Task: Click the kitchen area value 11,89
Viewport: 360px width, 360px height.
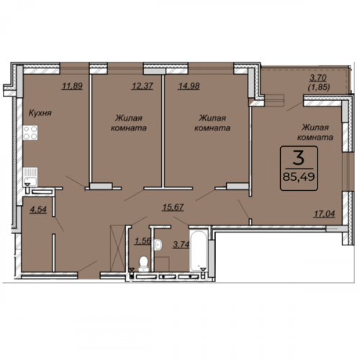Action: [72, 86]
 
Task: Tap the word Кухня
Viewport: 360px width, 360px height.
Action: [40, 113]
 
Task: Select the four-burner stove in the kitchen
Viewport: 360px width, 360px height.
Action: [30, 132]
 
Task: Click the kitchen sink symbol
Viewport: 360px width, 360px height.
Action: [30, 176]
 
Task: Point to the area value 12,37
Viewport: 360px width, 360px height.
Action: [142, 86]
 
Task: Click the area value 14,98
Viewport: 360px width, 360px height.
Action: [189, 86]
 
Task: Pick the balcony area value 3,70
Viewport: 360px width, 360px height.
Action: [318, 78]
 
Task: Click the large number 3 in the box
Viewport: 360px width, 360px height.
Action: [299, 158]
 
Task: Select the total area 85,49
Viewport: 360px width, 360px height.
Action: [299, 177]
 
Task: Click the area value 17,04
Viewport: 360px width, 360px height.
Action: [324, 214]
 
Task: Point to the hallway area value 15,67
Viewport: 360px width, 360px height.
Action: [173, 207]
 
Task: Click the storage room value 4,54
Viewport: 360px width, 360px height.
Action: [38, 210]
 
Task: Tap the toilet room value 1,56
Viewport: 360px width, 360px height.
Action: [143, 240]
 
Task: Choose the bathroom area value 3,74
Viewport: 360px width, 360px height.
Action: [181, 245]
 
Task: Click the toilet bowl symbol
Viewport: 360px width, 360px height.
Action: [143, 264]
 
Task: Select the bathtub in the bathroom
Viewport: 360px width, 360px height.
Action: [199, 251]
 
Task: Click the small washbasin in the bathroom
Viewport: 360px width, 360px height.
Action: [158, 246]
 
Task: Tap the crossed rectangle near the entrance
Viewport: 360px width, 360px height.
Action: [117, 248]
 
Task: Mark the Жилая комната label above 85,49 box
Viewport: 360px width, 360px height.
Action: [315, 132]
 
